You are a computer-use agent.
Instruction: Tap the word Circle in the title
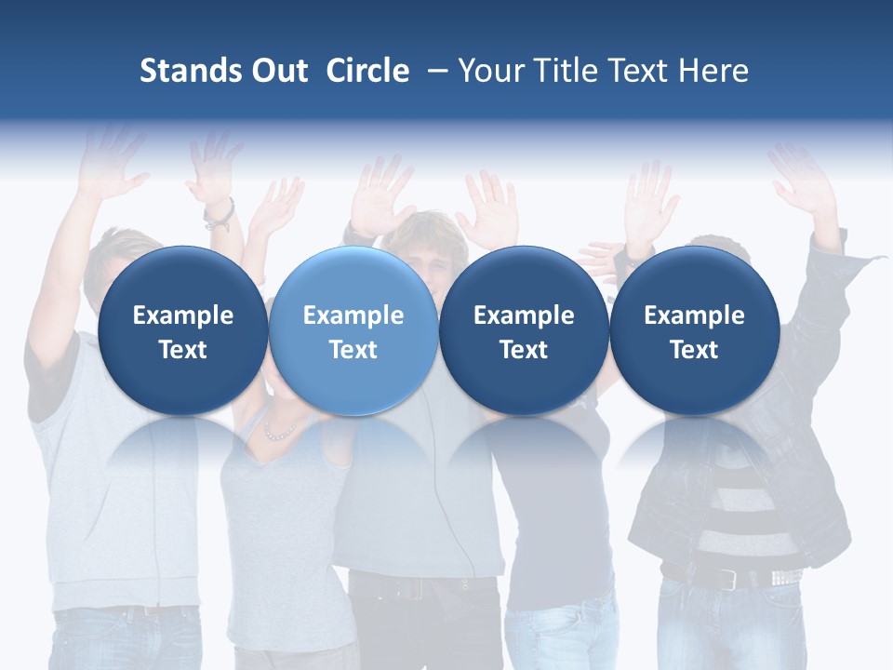pos(367,71)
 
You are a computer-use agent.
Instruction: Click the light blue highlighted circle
pos(353,330)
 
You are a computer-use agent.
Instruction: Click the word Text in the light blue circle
pos(353,350)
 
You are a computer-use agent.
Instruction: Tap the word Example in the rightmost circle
pos(694,315)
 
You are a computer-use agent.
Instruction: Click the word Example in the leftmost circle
pos(182,315)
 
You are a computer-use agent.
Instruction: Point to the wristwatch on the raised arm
pos(220,214)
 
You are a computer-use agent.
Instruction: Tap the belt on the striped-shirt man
pos(735,578)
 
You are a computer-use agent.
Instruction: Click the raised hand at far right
pos(802,181)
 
